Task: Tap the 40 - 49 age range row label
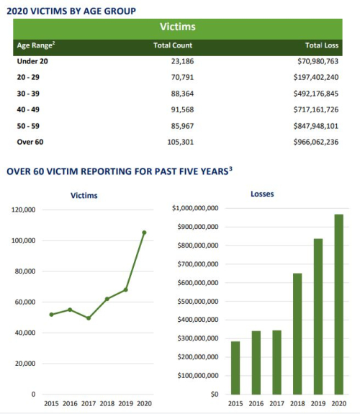[30, 109]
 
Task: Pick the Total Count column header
[171, 45]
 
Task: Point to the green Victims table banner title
[177, 27]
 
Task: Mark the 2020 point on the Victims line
[144, 232]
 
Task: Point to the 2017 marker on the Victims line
[89, 318]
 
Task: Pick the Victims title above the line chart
[84, 195]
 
